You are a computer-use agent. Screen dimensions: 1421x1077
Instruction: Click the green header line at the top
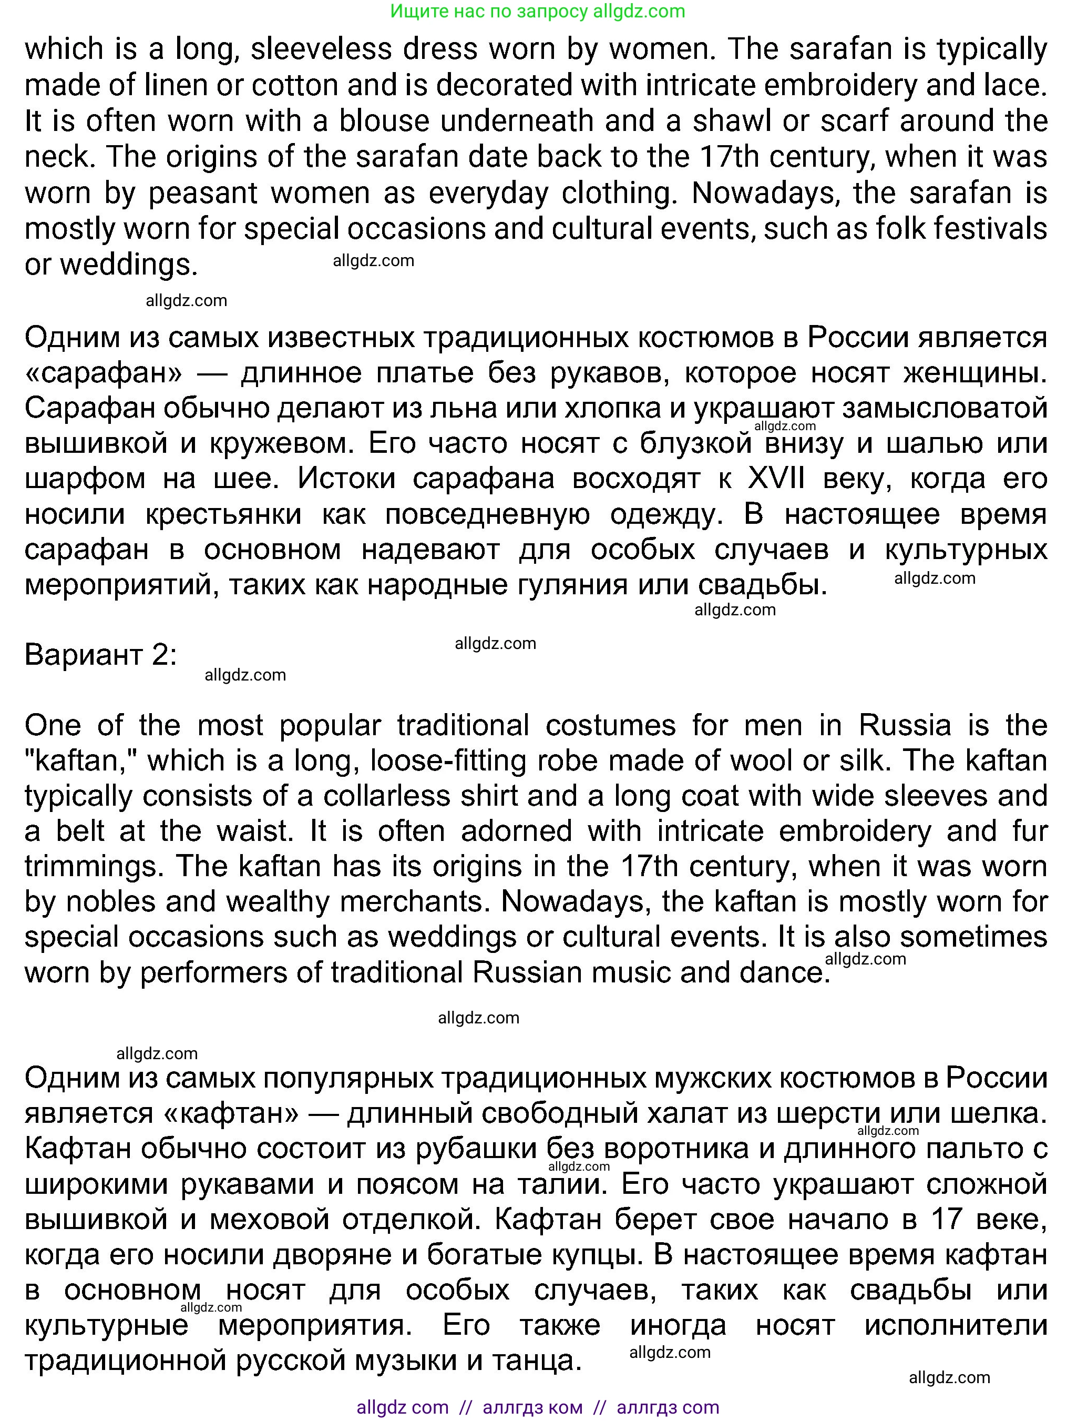tap(538, 11)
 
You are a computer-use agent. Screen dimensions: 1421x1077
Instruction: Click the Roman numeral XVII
tap(775, 479)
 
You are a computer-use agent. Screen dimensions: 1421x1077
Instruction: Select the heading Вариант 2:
tap(100, 655)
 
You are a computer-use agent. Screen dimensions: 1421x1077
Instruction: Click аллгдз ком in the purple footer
tap(532, 1407)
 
